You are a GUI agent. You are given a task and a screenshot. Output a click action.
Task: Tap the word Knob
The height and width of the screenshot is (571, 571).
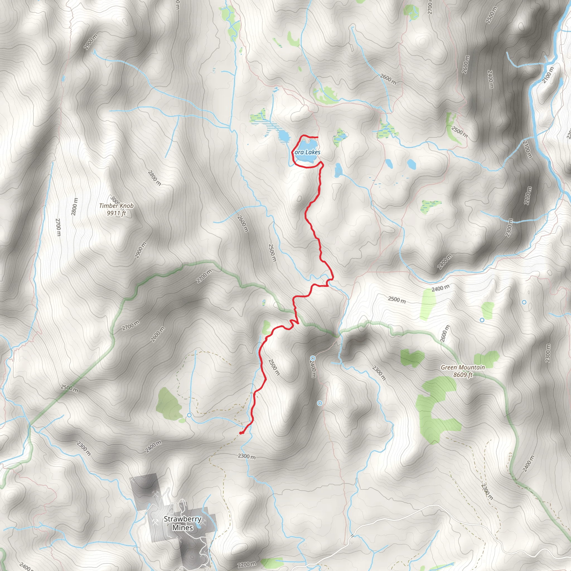pos(127,206)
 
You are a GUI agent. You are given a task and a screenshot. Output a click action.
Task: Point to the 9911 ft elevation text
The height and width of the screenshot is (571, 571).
pos(116,213)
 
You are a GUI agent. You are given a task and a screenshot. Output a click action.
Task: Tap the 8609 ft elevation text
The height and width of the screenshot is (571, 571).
pos(463,375)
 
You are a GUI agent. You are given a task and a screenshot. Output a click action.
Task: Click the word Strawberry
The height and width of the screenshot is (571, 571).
pos(183,519)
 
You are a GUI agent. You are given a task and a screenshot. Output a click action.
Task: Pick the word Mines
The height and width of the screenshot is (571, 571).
pos(183,528)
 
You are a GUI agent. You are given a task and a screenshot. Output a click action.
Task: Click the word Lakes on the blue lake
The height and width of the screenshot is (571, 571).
pos(313,152)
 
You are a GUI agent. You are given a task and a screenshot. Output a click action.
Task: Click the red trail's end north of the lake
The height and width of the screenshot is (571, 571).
pos(317,137)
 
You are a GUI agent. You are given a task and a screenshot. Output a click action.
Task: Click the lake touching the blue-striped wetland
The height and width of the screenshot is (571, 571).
pos(284,136)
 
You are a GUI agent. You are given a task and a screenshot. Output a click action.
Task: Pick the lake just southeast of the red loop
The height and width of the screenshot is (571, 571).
pos(338,171)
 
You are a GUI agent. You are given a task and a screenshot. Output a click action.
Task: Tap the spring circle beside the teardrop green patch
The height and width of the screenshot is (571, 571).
pos(189,415)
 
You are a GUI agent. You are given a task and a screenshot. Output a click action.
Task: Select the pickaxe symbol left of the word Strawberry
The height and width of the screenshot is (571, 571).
pos(154,522)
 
